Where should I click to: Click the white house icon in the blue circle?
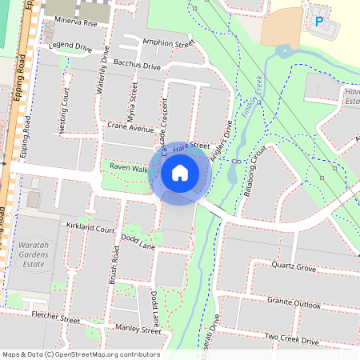(x=180, y=172)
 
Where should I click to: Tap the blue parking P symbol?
(x=320, y=22)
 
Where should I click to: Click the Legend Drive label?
(x=70, y=47)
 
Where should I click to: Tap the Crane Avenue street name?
(x=130, y=128)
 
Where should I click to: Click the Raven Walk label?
(x=129, y=168)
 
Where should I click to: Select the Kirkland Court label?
(x=91, y=229)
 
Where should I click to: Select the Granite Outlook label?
(x=294, y=304)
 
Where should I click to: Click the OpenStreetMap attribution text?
(x=80, y=354)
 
